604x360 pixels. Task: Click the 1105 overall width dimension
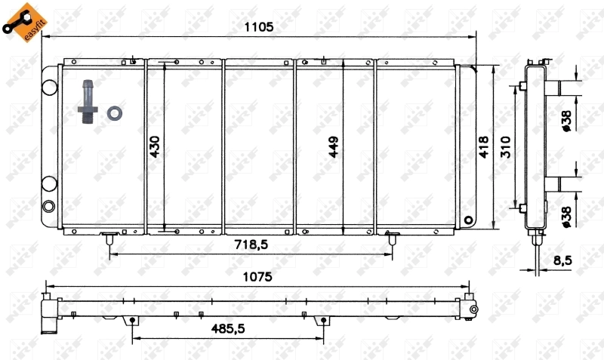point(257,27)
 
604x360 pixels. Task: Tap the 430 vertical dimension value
point(155,146)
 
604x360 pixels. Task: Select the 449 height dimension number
point(334,146)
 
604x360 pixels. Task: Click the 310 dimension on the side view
point(507,146)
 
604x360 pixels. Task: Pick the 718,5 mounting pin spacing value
point(251,245)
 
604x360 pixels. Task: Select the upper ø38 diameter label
point(566,120)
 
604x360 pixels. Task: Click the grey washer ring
point(116,113)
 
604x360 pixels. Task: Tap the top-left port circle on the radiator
point(49,87)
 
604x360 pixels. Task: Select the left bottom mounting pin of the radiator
point(109,239)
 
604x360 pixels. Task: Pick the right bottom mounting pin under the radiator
point(393,239)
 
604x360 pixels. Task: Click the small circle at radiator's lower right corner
point(469,221)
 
